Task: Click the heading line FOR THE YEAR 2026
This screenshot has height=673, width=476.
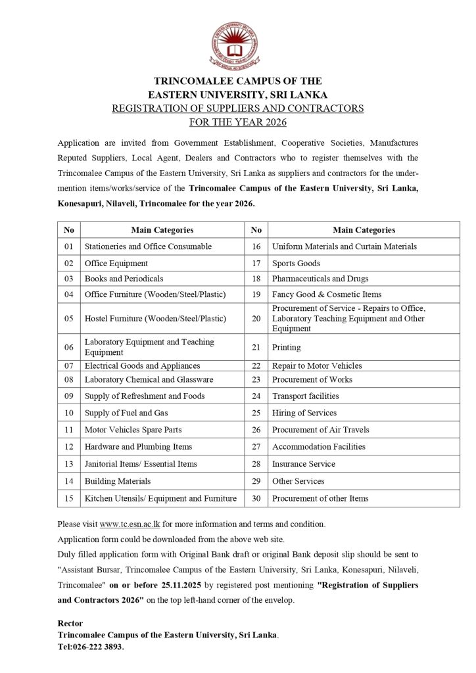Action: click(x=238, y=122)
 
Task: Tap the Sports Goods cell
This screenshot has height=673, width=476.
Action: click(x=296, y=263)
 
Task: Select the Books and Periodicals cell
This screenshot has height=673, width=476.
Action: click(x=124, y=279)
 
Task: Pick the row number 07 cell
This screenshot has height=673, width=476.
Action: click(x=68, y=365)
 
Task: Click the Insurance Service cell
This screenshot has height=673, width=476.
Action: click(x=303, y=463)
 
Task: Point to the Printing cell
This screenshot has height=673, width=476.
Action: click(x=286, y=347)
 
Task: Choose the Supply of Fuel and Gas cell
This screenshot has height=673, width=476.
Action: click(x=126, y=413)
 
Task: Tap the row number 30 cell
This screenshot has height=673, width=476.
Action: click(x=256, y=498)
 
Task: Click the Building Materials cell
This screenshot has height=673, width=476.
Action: click(x=118, y=481)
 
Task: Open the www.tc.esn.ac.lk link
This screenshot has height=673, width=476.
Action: click(x=130, y=524)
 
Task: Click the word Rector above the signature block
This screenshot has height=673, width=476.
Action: click(x=70, y=623)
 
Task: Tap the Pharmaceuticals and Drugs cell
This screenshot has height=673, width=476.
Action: click(x=320, y=279)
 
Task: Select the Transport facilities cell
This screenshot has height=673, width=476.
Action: click(x=305, y=396)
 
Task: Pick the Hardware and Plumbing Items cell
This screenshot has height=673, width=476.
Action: click(x=138, y=447)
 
